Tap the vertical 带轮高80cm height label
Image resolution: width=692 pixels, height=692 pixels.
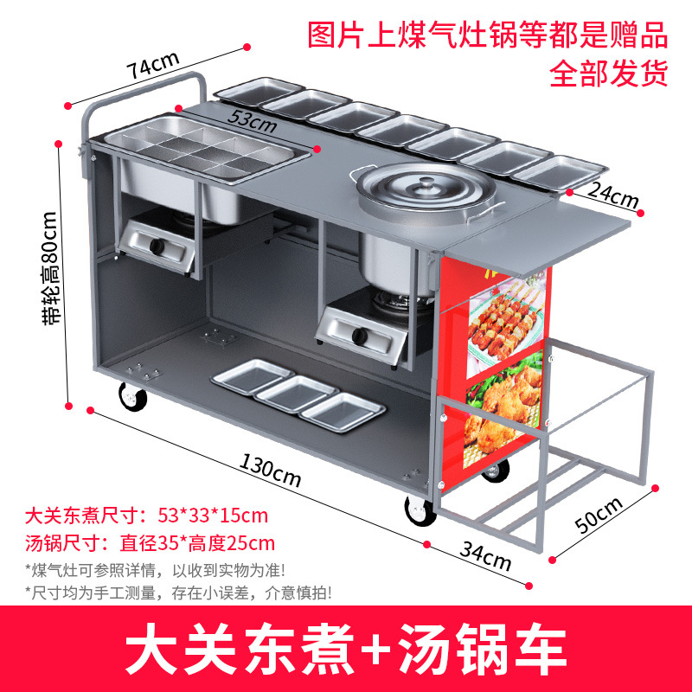click(x=51, y=269)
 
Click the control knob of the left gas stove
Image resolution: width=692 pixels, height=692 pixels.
click(x=157, y=247)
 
